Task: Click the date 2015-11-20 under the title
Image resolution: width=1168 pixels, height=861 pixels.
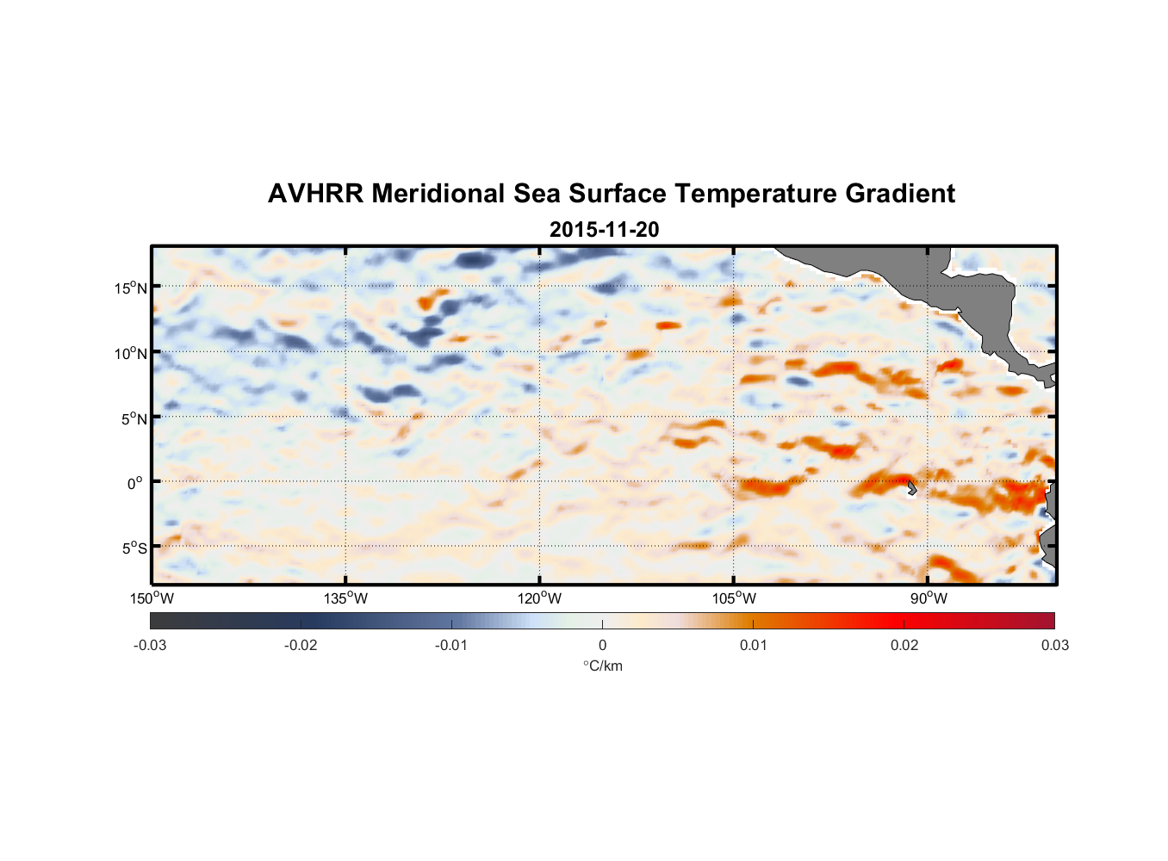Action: click(604, 230)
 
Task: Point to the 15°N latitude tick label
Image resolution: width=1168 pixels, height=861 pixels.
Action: click(130, 288)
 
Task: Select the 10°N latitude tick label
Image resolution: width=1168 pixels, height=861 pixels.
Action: click(130, 353)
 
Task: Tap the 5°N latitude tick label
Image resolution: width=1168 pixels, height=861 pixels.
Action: click(133, 418)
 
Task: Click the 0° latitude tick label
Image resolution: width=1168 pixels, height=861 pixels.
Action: click(135, 484)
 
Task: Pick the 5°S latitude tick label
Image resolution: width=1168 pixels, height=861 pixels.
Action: click(133, 548)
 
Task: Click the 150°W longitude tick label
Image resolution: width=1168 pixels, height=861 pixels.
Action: click(152, 598)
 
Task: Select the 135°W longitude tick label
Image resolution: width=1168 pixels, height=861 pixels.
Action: click(345, 598)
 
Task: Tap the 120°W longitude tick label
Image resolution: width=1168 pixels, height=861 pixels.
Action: click(539, 598)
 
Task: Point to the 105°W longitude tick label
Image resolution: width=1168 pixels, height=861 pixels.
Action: click(734, 598)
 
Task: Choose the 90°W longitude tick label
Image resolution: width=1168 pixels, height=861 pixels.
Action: click(928, 598)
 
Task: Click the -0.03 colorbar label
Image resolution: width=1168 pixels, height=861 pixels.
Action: click(150, 645)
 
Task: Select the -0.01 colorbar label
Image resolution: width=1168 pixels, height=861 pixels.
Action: click(451, 645)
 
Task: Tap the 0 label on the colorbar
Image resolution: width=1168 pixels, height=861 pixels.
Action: click(602, 645)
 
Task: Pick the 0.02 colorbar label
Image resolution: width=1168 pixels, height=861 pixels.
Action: click(904, 645)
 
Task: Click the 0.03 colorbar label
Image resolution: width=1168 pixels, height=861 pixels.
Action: click(1054, 645)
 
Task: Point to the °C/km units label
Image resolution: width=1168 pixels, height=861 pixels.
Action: click(602, 666)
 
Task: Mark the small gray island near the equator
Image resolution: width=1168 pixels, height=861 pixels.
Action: click(910, 488)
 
